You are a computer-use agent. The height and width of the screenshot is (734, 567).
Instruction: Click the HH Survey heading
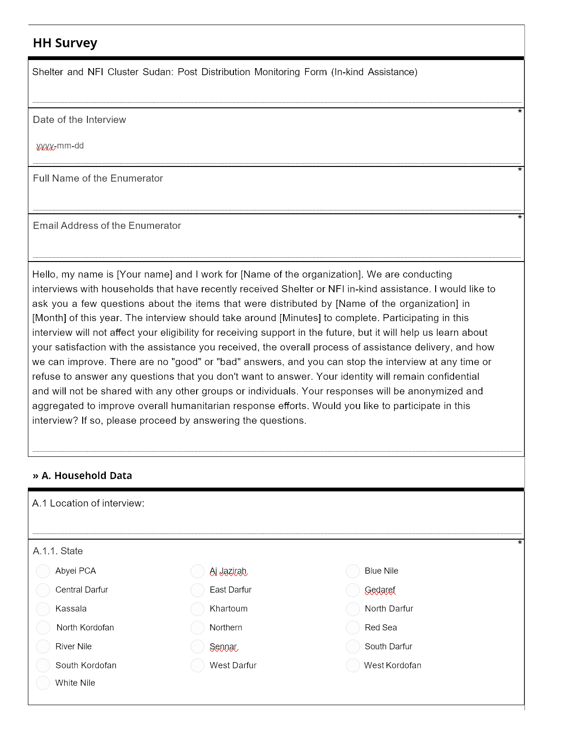(65, 43)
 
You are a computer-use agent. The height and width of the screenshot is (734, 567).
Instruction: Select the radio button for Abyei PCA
(43, 571)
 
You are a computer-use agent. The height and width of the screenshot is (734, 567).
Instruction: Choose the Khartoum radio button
(198, 609)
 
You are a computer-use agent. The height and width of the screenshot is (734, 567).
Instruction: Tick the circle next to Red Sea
(353, 628)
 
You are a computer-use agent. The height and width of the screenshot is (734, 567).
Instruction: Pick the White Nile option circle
(43, 683)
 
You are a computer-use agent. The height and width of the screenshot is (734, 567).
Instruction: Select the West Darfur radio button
(198, 665)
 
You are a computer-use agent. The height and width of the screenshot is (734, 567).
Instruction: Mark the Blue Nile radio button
(353, 571)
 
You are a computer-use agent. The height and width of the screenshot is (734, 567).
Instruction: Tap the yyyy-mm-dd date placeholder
(60, 146)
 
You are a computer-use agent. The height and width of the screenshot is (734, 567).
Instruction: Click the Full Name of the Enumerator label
(98, 178)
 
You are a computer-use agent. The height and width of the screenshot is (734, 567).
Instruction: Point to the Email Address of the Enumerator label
(107, 226)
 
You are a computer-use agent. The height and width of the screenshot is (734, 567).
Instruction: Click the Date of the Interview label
(79, 120)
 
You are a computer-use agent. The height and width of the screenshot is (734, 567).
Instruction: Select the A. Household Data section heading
(82, 476)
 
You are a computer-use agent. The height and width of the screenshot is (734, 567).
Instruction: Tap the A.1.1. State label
(58, 551)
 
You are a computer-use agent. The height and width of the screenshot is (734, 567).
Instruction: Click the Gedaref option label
(380, 590)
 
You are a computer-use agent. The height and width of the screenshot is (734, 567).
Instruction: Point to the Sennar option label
(223, 647)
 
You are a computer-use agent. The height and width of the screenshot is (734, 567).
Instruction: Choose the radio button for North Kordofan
(43, 628)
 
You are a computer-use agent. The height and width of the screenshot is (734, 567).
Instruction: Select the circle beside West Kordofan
(353, 665)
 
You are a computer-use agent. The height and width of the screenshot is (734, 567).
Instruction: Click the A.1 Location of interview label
(88, 503)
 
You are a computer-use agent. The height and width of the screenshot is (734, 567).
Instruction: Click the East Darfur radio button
(198, 590)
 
